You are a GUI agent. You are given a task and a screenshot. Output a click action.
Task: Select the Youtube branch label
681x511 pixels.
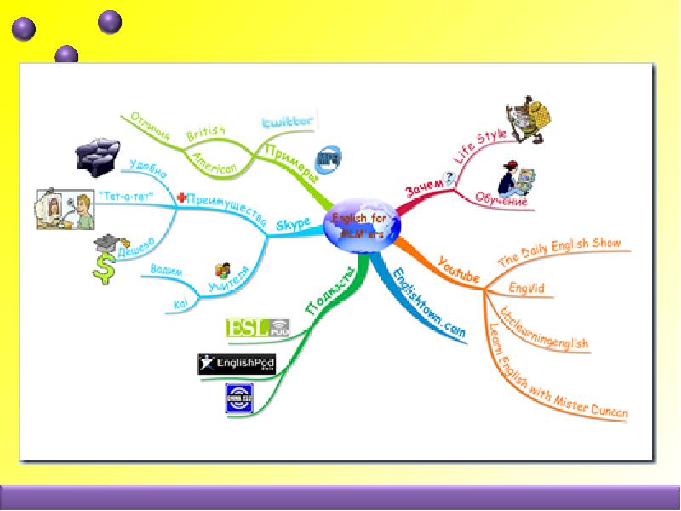[458, 268]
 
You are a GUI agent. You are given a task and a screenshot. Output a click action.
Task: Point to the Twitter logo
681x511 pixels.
[287, 123]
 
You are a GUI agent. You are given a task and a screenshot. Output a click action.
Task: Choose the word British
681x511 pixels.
[206, 132]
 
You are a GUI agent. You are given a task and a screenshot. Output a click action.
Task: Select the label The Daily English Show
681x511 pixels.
[558, 250]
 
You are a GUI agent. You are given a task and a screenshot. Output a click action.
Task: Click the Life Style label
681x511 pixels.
[478, 147]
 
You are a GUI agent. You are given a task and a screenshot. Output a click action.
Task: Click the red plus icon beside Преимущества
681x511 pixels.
[180, 198]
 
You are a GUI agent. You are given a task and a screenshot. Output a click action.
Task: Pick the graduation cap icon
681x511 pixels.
[109, 245]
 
